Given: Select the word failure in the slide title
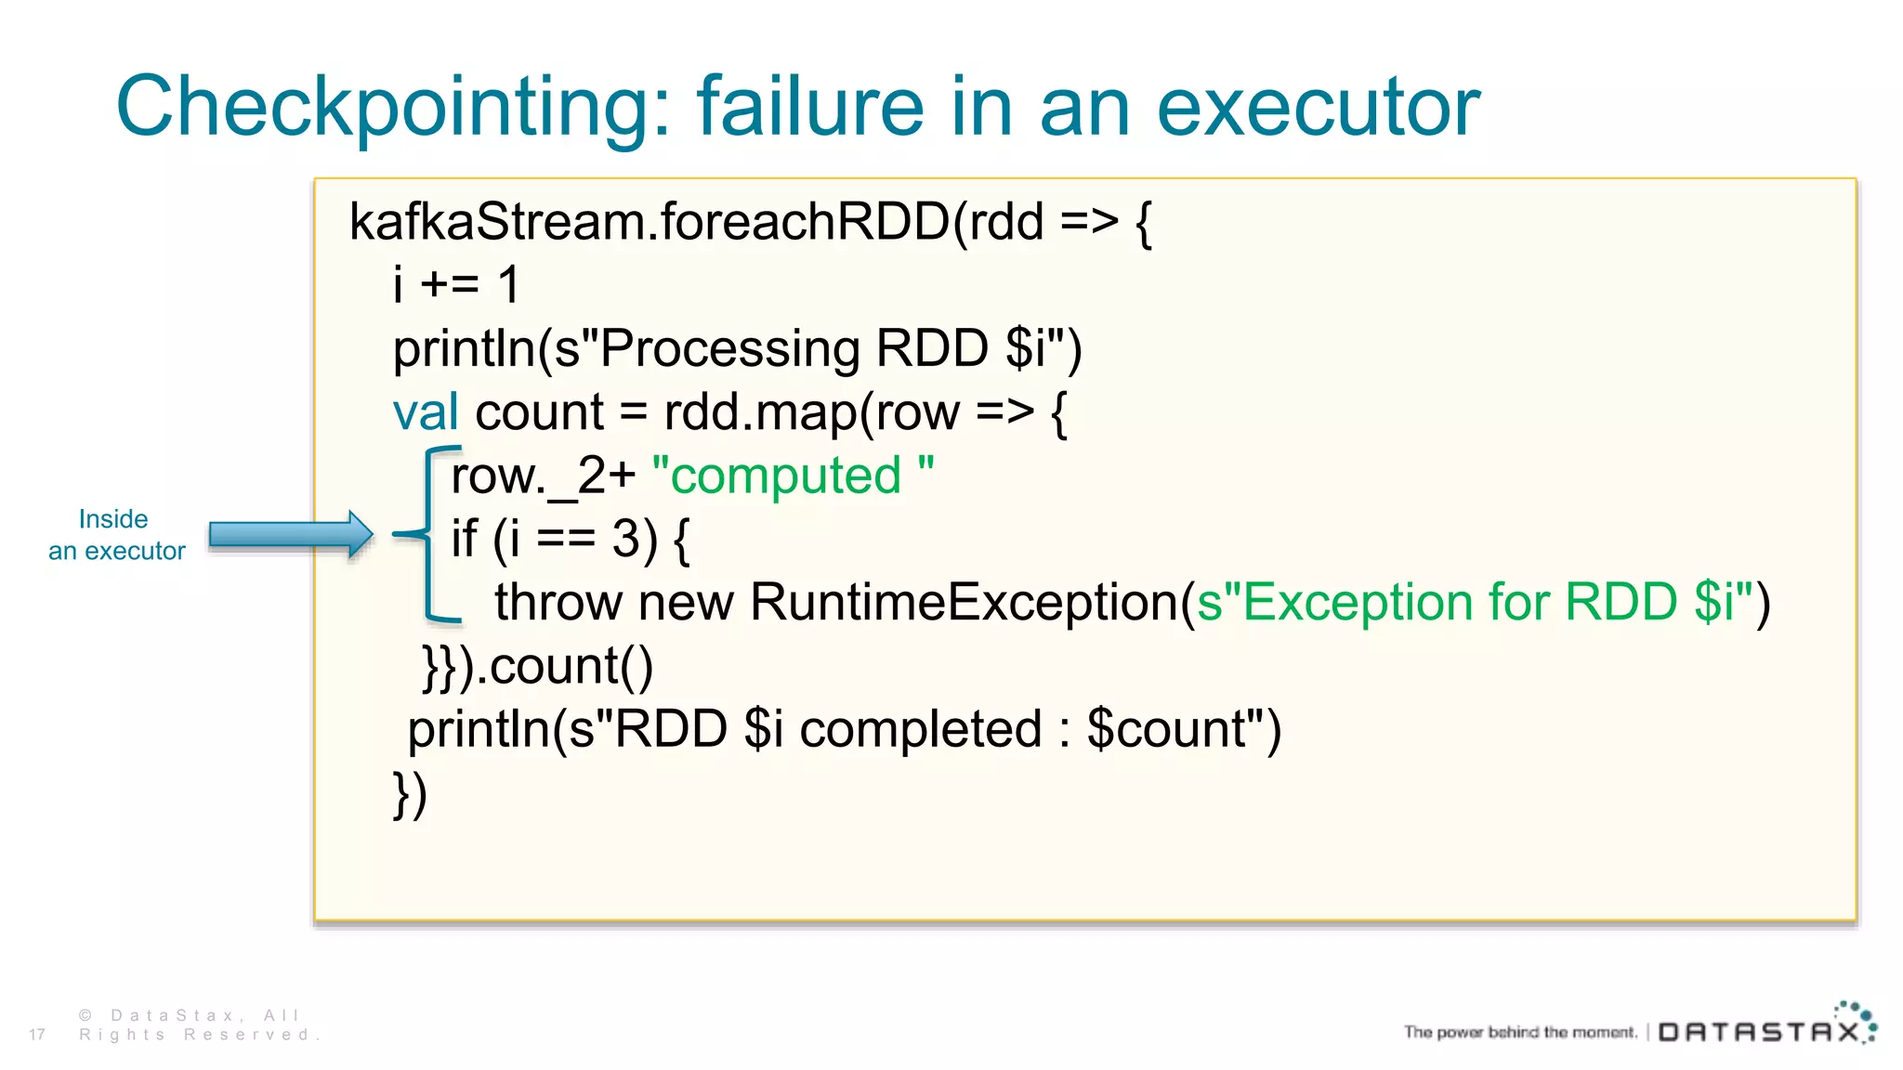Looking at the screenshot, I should [x=810, y=106].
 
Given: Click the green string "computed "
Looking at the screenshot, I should [x=793, y=476].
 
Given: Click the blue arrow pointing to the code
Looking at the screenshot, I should [x=290, y=534].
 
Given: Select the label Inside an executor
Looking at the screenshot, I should [x=116, y=535].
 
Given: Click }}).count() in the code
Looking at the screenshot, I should [x=538, y=666].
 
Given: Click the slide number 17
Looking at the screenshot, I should [x=37, y=1035].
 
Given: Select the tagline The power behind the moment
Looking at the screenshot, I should [x=1520, y=1032].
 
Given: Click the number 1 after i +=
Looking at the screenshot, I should [x=508, y=284].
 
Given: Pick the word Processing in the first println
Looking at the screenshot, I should [x=730, y=349].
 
